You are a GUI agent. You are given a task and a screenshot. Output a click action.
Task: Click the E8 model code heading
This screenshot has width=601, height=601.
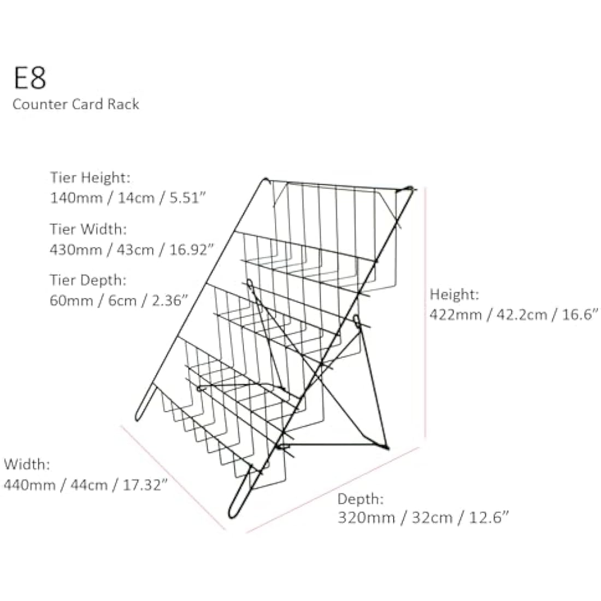[x=30, y=78]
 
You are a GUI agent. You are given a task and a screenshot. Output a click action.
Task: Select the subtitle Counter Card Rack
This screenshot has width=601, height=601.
[x=75, y=104]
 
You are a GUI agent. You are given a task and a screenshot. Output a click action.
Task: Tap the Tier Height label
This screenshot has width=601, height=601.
[x=90, y=178]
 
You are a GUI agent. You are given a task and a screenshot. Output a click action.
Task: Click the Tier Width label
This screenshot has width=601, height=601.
[x=88, y=229]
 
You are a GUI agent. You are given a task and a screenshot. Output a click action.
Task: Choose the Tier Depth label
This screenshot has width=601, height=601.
[x=88, y=280]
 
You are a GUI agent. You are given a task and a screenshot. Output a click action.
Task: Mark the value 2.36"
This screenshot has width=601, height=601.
[x=170, y=300]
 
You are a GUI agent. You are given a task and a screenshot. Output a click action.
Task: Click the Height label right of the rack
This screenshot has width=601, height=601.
[x=454, y=294]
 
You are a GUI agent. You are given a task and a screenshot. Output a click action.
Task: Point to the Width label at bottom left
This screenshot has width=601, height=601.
[x=27, y=464]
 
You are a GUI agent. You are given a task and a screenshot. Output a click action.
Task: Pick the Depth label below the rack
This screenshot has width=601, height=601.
[x=360, y=499]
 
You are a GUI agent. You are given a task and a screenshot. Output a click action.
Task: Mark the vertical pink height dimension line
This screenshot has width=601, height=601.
[x=426, y=313]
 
